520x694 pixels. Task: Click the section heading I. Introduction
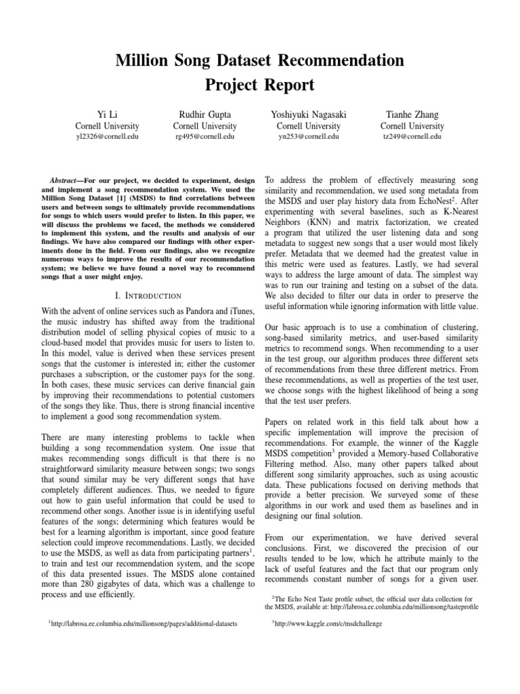tap(148, 295)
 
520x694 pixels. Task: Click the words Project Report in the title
tap(260, 85)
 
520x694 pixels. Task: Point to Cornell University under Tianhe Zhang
tap(412, 126)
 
